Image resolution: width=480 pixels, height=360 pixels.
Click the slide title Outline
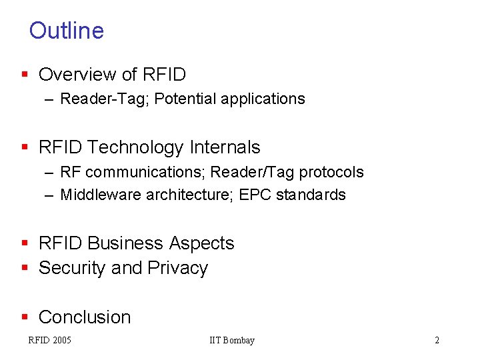tap(67, 31)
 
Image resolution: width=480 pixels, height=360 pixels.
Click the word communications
tap(144, 172)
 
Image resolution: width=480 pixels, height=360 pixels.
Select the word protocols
tap(331, 172)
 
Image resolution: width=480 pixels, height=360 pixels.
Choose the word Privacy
tap(178, 268)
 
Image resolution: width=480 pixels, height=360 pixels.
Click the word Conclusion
tap(85, 317)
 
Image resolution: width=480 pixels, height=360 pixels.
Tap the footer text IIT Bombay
tap(232, 341)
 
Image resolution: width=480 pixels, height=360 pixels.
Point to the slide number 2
tap(437, 341)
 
